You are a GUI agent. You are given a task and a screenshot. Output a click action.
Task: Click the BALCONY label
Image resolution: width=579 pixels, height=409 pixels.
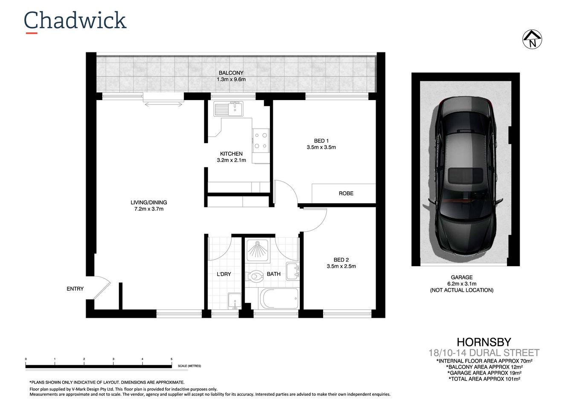(x=231, y=73)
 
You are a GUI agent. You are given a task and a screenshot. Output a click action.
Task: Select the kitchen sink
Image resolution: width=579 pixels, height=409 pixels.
(x=229, y=109)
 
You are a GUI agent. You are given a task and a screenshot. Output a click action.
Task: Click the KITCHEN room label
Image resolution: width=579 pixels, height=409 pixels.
(x=231, y=154)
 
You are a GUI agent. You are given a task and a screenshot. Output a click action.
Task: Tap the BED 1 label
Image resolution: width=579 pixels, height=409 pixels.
(x=321, y=141)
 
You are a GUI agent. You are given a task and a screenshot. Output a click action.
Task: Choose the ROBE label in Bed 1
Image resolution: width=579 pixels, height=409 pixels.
(x=346, y=193)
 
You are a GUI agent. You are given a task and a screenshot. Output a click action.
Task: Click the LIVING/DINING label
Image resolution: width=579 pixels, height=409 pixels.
(x=149, y=202)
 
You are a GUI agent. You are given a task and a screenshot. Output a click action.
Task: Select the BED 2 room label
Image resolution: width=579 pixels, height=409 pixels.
(x=341, y=260)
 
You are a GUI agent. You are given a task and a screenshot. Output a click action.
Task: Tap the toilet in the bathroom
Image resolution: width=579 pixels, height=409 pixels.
(x=255, y=276)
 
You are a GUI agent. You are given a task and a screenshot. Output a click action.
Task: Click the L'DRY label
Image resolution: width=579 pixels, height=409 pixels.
(x=223, y=274)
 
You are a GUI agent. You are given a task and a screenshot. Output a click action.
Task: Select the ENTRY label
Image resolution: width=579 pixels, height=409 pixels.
(x=75, y=289)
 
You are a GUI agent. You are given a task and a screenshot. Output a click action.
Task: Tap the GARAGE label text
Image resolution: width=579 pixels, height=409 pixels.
(x=462, y=277)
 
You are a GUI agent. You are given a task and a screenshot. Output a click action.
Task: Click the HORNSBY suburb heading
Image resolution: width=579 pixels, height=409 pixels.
(x=483, y=342)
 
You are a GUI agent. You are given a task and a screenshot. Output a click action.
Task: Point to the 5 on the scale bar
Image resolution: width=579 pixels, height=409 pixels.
(x=171, y=359)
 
